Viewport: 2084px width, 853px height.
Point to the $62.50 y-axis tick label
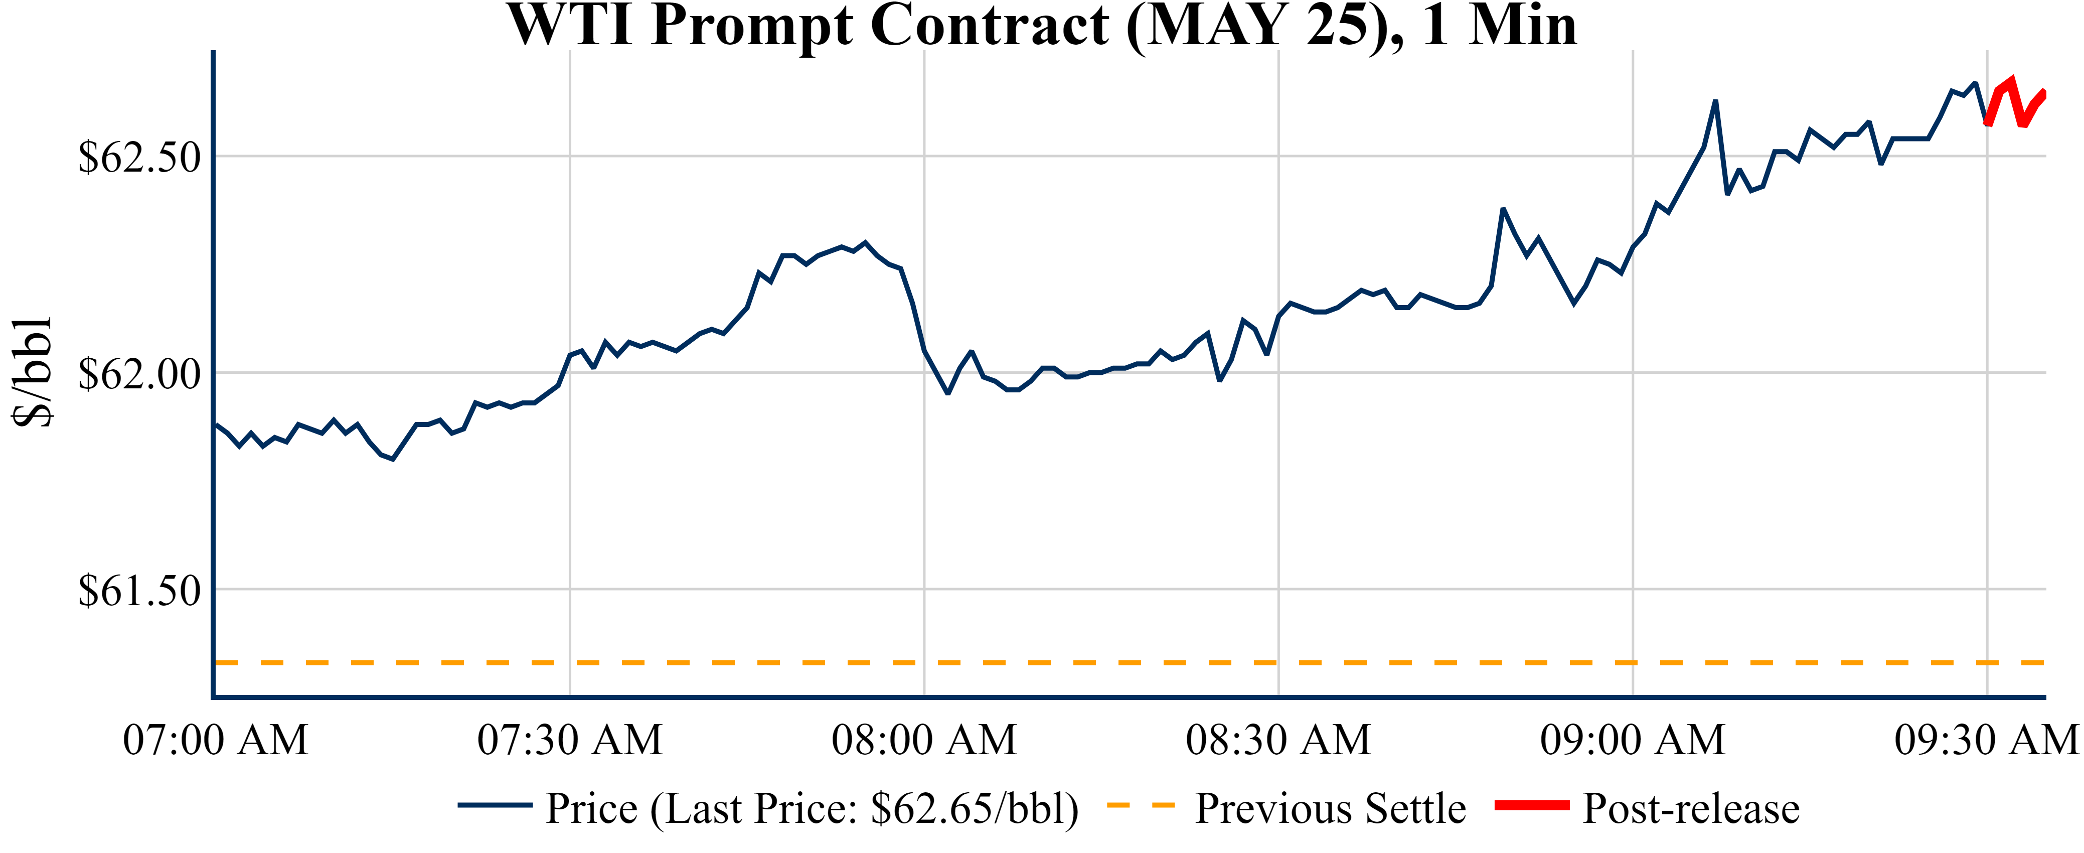click(139, 157)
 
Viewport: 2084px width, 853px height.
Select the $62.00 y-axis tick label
click(139, 374)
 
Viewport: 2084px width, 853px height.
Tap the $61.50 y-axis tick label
click(139, 591)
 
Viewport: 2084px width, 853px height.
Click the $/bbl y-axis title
click(33, 372)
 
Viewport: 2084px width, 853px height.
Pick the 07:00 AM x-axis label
click(215, 740)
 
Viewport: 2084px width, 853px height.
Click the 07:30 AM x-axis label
click(570, 740)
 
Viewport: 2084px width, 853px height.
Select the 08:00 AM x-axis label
click(924, 740)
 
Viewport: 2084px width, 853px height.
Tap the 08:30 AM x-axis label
click(1278, 740)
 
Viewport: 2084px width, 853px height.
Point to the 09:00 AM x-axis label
click(1633, 740)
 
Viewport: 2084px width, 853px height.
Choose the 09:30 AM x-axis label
click(1986, 740)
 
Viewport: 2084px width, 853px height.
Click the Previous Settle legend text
click(1330, 808)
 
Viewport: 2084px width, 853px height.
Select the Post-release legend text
click(1691, 808)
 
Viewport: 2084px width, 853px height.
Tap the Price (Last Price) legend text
click(812, 808)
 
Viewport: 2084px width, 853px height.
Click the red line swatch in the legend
click(1531, 805)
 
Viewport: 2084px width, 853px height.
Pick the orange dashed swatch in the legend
click(1140, 805)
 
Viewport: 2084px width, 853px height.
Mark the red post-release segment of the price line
click(2014, 101)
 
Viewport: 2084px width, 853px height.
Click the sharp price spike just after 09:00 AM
click(1715, 102)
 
